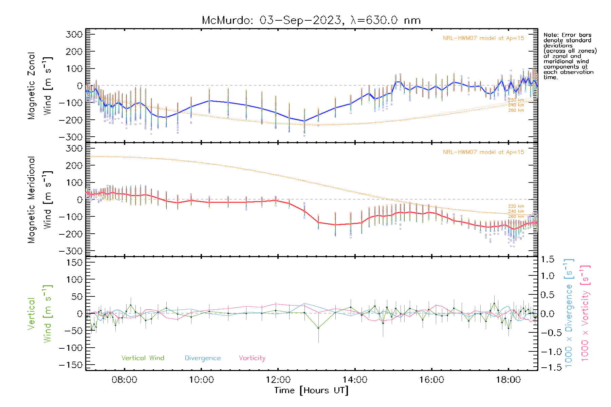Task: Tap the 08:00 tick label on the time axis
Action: (x=124, y=380)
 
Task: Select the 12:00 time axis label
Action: (x=278, y=380)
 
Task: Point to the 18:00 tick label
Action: (x=508, y=380)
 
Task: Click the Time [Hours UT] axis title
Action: (x=311, y=390)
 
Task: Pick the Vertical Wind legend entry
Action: (x=143, y=358)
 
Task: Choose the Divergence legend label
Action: (x=203, y=358)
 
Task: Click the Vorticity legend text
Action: (x=252, y=358)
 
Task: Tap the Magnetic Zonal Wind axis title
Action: (x=40, y=85)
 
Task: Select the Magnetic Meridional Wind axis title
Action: (x=40, y=199)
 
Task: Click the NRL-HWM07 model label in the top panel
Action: (x=483, y=38)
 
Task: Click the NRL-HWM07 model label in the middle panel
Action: (x=483, y=152)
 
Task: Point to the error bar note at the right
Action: (x=570, y=56)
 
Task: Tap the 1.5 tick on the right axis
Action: (x=547, y=259)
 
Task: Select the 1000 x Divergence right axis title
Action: (x=569, y=313)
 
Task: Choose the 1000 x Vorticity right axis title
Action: (x=585, y=313)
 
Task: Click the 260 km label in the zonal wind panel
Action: (x=516, y=110)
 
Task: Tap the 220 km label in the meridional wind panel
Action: (x=516, y=206)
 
